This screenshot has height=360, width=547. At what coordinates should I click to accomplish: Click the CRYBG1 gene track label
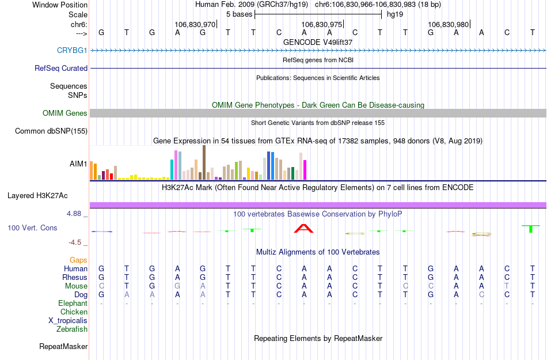click(x=72, y=50)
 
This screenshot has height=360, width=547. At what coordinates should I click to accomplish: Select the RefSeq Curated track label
click(x=61, y=68)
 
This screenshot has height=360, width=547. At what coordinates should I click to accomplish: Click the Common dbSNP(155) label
click(x=51, y=131)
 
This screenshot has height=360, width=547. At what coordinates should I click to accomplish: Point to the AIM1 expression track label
click(x=78, y=164)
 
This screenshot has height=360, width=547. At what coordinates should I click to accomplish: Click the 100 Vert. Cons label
click(x=32, y=228)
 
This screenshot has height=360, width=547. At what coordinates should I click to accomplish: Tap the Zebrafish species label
click(x=72, y=329)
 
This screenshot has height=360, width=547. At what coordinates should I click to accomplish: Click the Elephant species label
click(x=73, y=304)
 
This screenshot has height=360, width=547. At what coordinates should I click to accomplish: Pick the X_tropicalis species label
click(x=68, y=321)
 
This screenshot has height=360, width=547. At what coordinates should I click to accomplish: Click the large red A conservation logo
click(x=303, y=228)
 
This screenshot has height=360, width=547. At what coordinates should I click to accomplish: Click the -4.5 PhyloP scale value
click(x=78, y=242)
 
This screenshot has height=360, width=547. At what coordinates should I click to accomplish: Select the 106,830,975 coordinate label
click(x=322, y=25)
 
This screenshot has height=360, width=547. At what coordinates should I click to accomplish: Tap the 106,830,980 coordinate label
click(x=449, y=25)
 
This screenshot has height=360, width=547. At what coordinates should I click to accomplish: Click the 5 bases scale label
click(x=239, y=14)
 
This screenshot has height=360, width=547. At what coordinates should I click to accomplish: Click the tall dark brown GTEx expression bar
click(x=204, y=162)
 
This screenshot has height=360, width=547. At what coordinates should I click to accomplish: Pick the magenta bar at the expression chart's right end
click(x=305, y=170)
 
